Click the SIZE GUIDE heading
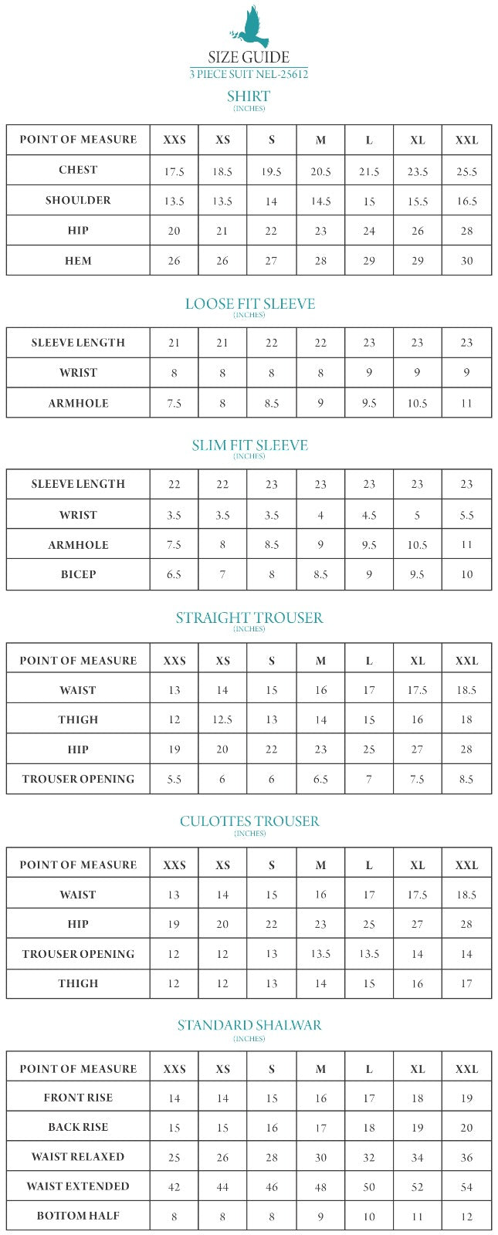pos(249,57)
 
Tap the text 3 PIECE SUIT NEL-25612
pos(249,74)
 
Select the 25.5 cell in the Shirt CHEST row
pos(466,171)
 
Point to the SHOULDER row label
pos(78,201)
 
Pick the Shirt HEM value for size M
pos(320,261)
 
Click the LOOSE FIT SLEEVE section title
pos(249,303)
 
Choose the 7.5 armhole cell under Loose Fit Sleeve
pos(174,403)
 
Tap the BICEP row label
pos(78,575)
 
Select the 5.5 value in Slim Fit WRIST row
pos(466,515)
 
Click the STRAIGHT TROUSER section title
pos(249,617)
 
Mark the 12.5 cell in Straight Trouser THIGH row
pos(222,719)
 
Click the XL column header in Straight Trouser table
pos(418,661)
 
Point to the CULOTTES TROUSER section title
pos(249,821)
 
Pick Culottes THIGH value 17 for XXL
pos(466,983)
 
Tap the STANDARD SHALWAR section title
pos(249,1025)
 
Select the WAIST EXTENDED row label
pos(78,1186)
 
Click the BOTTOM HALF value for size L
pos(369,1216)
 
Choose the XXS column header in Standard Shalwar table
pos(174,1069)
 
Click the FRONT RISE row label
pos(78,1098)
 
